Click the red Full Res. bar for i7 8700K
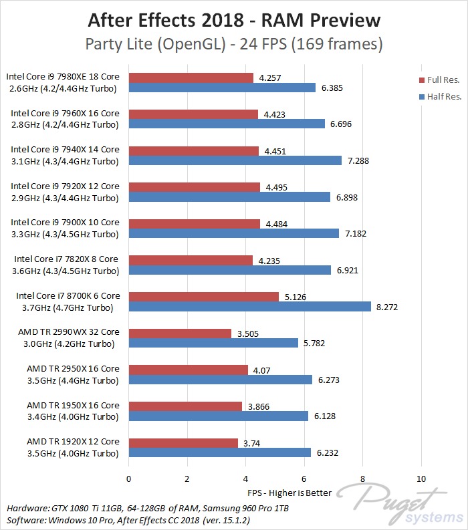coord(203,296)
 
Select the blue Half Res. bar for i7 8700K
coord(249,307)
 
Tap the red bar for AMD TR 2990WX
coord(180,333)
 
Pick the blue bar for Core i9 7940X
coord(235,161)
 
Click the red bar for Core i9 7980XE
coord(191,78)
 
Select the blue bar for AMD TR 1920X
coord(219,452)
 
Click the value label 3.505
coord(247,333)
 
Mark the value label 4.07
coord(261,369)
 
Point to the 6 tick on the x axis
coord(304,479)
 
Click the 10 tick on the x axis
coord(421,479)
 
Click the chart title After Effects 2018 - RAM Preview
coord(234,20)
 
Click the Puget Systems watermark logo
coord(401,505)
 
